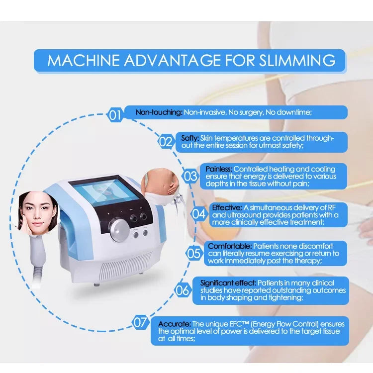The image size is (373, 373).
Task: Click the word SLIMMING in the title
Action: pyautogui.click(x=297, y=60)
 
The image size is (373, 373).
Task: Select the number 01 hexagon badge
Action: pyautogui.click(x=115, y=116)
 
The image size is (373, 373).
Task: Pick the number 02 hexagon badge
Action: pyautogui.click(x=166, y=142)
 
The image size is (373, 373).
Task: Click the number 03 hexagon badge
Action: pyautogui.click(x=190, y=176)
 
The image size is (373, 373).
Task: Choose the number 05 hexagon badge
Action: pyautogui.click(x=193, y=253)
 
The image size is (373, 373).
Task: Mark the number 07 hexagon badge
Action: pyautogui.click(x=140, y=322)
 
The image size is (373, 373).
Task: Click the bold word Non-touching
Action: pyautogui.click(x=159, y=112)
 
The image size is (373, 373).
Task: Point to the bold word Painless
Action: pyautogui.click(x=219, y=169)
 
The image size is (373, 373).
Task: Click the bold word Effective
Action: pyautogui.click(x=227, y=207)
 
